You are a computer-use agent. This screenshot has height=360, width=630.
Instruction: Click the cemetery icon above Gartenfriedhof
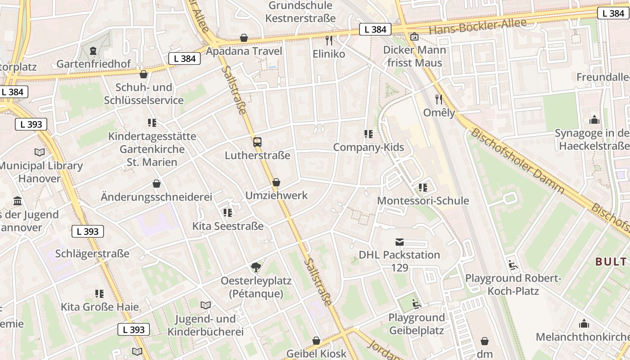[x=93, y=50]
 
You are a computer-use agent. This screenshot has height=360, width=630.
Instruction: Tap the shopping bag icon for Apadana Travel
[x=244, y=38]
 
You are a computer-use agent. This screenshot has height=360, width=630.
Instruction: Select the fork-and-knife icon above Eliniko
[x=329, y=40]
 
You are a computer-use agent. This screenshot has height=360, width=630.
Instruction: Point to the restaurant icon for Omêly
[x=439, y=99]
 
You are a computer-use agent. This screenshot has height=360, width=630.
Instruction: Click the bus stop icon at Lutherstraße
[x=257, y=142]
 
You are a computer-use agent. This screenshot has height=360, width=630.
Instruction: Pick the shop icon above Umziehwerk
[x=276, y=182]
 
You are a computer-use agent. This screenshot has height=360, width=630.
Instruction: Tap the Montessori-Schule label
[x=423, y=201]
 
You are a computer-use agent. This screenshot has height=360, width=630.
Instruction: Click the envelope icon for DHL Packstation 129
[x=400, y=242]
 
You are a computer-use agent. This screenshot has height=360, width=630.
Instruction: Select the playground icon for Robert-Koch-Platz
[x=513, y=265]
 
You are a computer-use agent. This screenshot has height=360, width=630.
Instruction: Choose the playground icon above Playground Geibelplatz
[x=416, y=305]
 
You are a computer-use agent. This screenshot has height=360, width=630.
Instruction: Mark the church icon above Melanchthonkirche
[x=584, y=324]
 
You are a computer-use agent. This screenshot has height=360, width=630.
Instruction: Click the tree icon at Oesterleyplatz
[x=256, y=268]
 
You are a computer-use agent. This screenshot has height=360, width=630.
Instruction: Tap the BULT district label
[x=611, y=261]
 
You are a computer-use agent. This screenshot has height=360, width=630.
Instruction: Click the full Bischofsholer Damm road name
[x=517, y=161]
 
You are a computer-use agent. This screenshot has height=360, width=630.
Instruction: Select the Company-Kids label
[x=369, y=147]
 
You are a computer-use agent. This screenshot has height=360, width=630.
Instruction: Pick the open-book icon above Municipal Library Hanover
[x=40, y=153]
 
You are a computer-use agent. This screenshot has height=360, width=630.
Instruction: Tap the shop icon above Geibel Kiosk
[x=316, y=341]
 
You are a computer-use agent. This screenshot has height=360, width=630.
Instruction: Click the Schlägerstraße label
[x=92, y=254]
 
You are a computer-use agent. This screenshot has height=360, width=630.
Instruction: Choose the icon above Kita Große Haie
[x=99, y=294]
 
